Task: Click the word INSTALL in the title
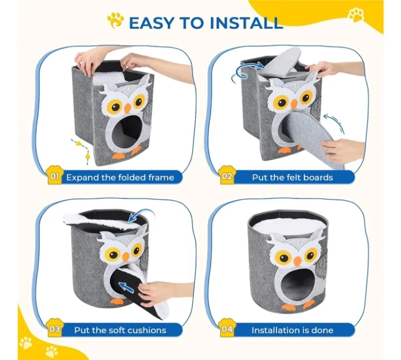246,22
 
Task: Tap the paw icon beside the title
115,21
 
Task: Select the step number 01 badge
55,176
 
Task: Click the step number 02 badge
227,176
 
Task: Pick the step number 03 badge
55,328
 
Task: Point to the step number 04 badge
227,328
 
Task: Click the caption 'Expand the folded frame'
120,177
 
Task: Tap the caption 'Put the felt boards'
292,177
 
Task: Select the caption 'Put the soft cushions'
120,330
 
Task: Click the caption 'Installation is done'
292,330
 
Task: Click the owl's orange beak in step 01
127,108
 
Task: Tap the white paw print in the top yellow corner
357,14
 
